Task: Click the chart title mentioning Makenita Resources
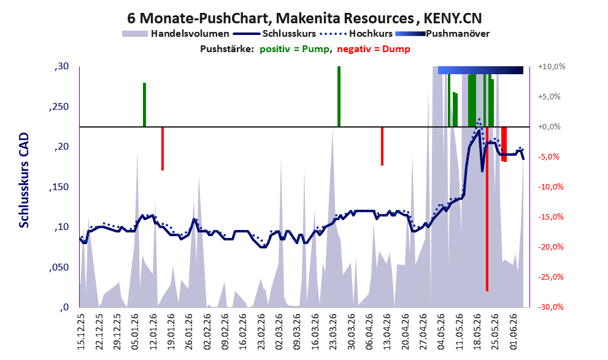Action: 304,18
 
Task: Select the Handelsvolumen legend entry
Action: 175,34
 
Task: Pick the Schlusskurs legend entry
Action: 274,34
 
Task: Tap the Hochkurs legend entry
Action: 356,34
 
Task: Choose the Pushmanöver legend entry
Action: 442,34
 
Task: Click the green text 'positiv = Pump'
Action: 294,49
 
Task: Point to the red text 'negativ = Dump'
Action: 374,49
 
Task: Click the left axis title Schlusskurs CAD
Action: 24,180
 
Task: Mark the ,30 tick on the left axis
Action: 61,66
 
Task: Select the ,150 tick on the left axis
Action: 60,187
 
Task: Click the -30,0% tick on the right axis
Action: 550,307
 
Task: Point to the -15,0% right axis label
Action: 550,217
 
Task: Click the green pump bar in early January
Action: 144,105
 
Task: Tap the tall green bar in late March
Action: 339,96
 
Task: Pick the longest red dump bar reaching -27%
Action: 487,209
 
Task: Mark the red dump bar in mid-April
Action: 382,146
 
